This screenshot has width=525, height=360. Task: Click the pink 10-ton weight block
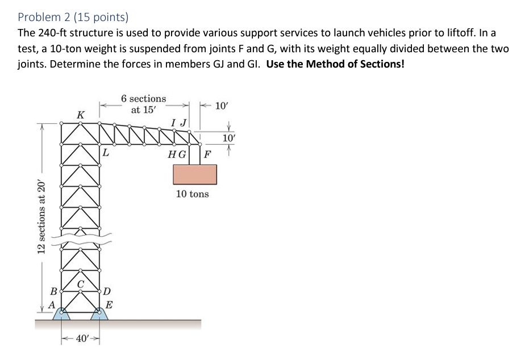tap(194, 174)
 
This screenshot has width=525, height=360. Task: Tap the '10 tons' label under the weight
tap(192, 194)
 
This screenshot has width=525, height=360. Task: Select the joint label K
tap(80, 115)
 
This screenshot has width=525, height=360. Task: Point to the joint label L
tap(106, 152)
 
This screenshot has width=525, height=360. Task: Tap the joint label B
tap(53, 292)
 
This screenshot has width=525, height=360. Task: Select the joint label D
tap(107, 292)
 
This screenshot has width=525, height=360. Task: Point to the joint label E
tap(109, 304)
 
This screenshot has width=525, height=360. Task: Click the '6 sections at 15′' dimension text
tap(144, 104)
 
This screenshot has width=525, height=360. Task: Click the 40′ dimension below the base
tap(81, 339)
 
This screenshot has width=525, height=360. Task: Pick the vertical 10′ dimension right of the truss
tap(228, 138)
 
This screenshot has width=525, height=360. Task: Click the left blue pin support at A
tap(62, 313)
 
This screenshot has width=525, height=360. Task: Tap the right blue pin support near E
tap(99, 313)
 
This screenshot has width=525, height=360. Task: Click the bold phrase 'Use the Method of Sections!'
tap(335, 64)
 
